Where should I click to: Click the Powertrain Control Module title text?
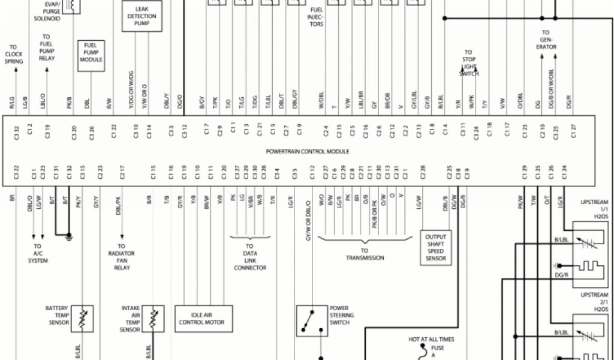308,151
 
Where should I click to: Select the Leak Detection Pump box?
142,16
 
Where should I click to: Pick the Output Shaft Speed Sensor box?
435,248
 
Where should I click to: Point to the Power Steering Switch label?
341,315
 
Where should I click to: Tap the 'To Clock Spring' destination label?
14,54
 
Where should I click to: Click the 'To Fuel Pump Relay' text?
46,47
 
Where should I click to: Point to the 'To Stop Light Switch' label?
468,63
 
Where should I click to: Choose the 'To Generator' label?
546,40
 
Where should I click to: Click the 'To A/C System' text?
38,253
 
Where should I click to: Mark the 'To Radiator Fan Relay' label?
122,257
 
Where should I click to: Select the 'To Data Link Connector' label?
249,257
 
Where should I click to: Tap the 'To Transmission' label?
365,254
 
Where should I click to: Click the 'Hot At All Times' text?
431,340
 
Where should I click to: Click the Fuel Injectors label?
317,17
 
